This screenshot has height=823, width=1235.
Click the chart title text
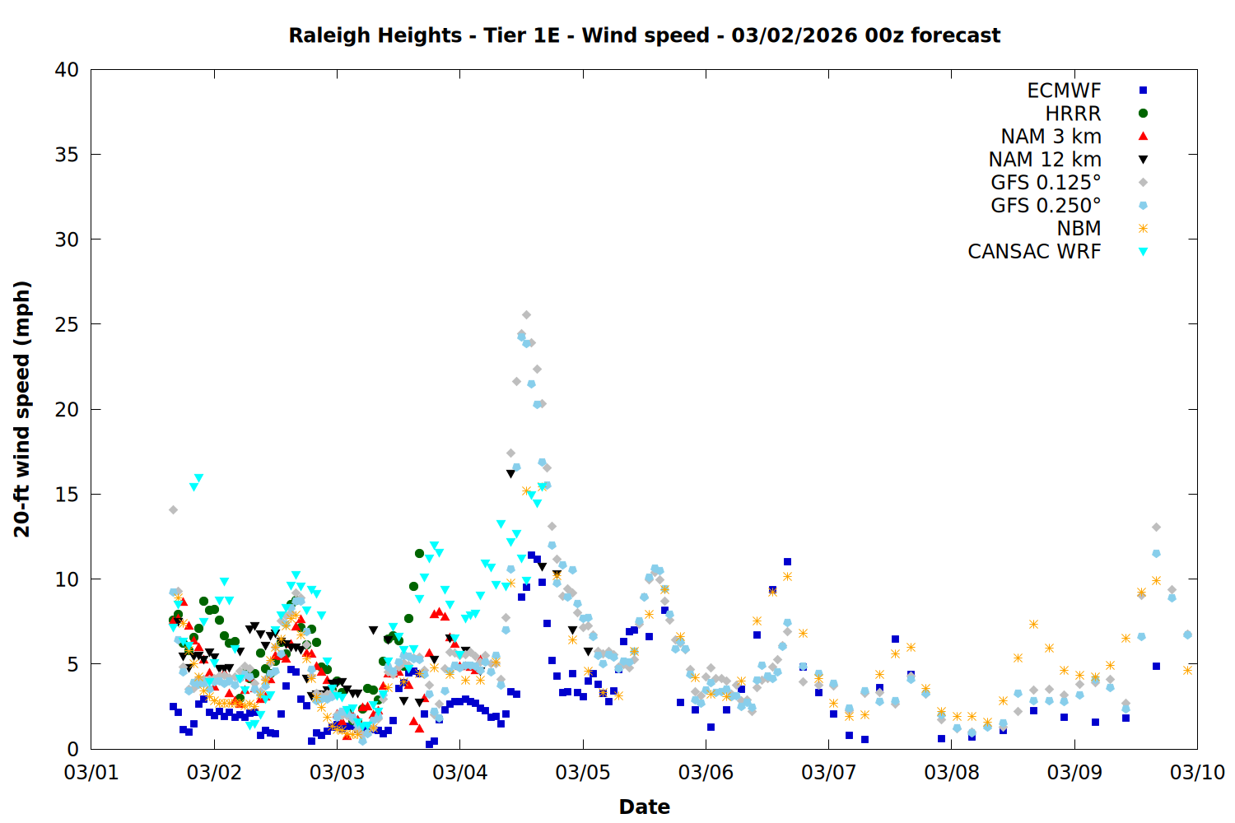[x=644, y=35]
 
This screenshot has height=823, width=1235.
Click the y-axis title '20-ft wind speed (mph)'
[x=22, y=409]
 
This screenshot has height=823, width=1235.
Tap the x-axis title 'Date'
[x=644, y=807]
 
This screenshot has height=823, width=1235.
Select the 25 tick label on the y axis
[x=67, y=324]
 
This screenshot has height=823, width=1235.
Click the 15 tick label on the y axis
[x=67, y=494]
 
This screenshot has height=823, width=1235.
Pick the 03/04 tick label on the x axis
[x=459, y=772]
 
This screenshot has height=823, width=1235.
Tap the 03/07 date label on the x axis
[x=828, y=772]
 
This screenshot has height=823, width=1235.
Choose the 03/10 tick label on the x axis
[x=1197, y=772]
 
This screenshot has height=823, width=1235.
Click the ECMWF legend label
[x=1064, y=91]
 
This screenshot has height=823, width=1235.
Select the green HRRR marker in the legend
[x=1143, y=114]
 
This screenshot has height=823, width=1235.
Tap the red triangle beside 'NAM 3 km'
[x=1143, y=136]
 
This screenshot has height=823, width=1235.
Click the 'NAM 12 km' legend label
[x=1045, y=160]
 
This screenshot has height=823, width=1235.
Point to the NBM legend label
[x=1079, y=229]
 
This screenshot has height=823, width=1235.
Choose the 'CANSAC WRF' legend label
[x=1034, y=252]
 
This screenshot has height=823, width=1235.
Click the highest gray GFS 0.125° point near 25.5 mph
[x=526, y=315]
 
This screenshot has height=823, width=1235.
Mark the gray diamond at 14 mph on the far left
[x=173, y=510]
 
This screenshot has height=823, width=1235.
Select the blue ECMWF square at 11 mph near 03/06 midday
[x=787, y=562]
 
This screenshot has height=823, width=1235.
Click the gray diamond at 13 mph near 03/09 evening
[x=1156, y=527]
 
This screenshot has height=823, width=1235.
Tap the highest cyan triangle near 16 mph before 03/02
[x=198, y=478]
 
